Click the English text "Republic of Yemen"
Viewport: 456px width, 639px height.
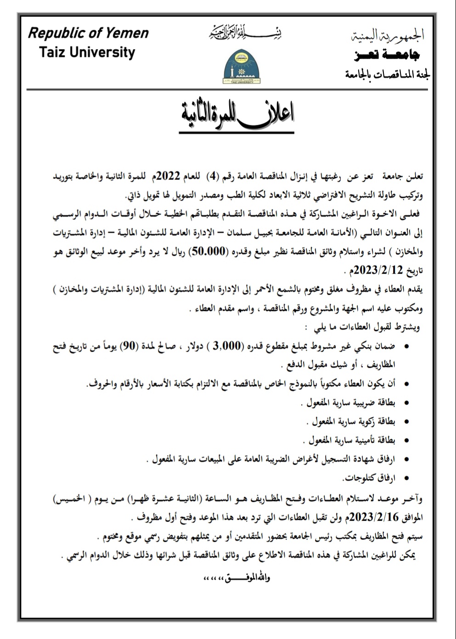point(88,34)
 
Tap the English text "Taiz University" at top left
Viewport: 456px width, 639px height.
point(87,52)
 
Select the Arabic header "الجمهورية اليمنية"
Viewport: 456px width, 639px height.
point(388,35)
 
